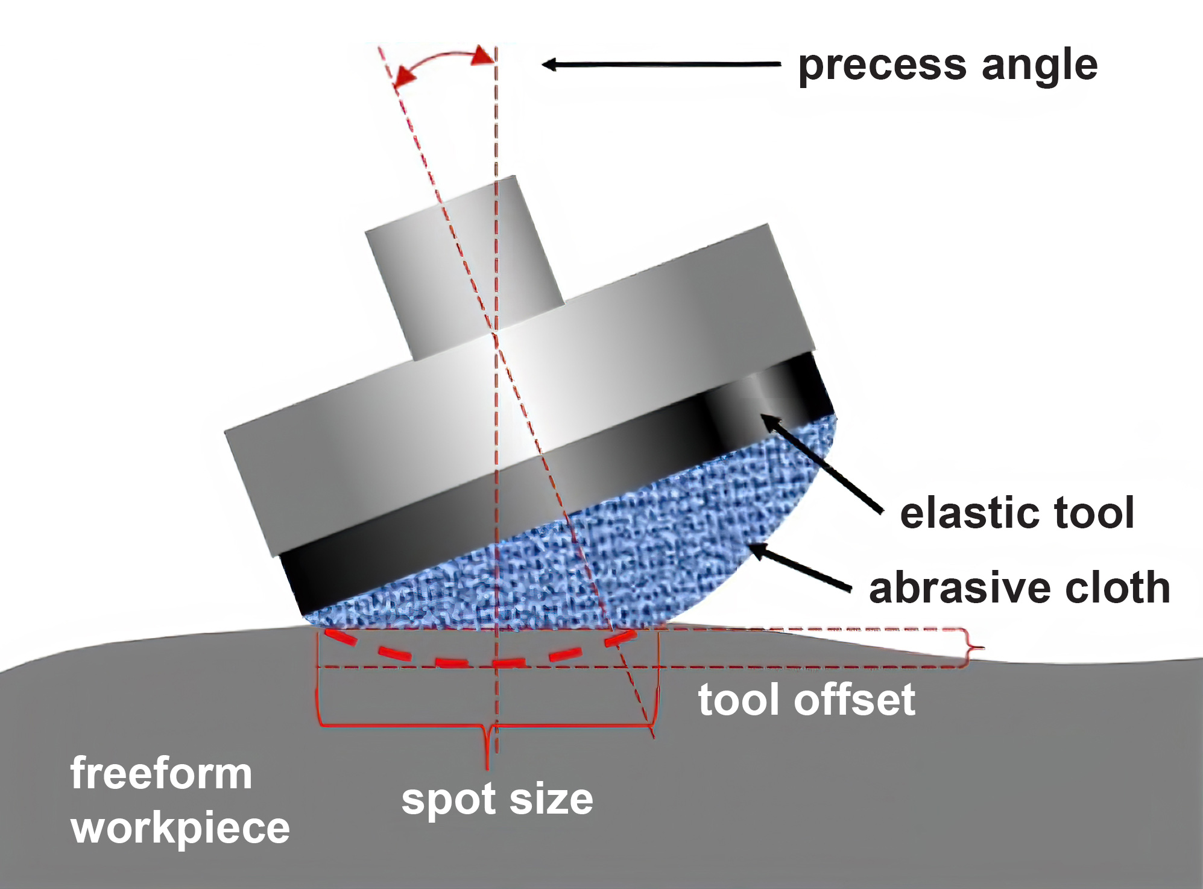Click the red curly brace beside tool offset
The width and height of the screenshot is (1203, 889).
point(972,648)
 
